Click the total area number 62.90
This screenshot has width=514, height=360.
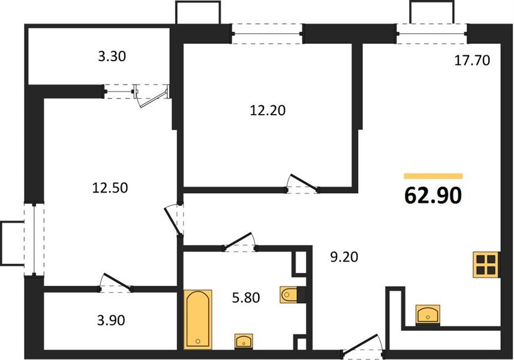(432, 196)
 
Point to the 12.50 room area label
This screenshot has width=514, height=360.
(110, 188)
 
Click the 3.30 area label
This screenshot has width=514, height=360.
(113, 58)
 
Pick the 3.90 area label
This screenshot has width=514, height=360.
(110, 320)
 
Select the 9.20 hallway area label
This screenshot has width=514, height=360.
(345, 259)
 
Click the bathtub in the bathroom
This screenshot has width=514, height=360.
(197, 319)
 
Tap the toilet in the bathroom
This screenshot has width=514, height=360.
(293, 294)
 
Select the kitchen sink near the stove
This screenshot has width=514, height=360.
(428, 314)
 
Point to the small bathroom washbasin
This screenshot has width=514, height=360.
(244, 341)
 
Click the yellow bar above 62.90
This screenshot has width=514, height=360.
(433, 176)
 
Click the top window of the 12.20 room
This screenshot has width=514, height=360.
(267, 33)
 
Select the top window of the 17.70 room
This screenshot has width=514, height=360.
(431, 33)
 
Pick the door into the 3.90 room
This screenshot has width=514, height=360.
(116, 284)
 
